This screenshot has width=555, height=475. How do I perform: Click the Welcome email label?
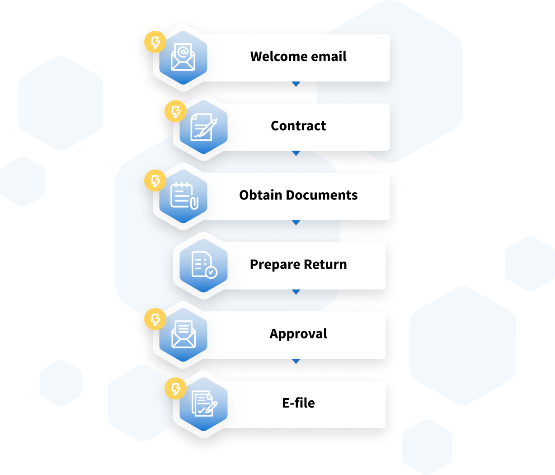(x=298, y=57)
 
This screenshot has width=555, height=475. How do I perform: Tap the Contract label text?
(x=298, y=126)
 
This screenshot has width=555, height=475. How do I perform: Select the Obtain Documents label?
(x=298, y=195)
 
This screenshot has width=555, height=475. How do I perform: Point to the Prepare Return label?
(x=298, y=264)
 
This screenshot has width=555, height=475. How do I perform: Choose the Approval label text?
(x=298, y=334)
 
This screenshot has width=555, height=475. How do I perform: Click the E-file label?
(x=298, y=403)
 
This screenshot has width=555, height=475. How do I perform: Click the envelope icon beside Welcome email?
(x=183, y=58)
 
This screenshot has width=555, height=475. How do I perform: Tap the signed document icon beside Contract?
(x=203, y=127)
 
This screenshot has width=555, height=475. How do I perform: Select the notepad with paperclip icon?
(x=183, y=196)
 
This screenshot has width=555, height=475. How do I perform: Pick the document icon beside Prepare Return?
(x=203, y=265)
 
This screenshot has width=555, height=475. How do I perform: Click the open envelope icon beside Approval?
(x=183, y=335)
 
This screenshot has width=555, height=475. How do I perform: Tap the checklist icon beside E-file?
(x=203, y=404)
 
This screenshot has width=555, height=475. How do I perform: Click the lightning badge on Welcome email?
(x=155, y=43)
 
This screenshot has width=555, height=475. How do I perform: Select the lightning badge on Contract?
(x=175, y=112)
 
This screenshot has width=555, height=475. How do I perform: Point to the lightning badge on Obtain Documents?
(x=155, y=181)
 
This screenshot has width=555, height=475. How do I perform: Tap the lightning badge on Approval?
(x=155, y=319)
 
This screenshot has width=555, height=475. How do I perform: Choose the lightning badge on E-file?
(x=175, y=389)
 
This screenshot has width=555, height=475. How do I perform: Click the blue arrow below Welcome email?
(x=296, y=84)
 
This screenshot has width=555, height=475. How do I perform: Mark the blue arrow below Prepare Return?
(x=296, y=292)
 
